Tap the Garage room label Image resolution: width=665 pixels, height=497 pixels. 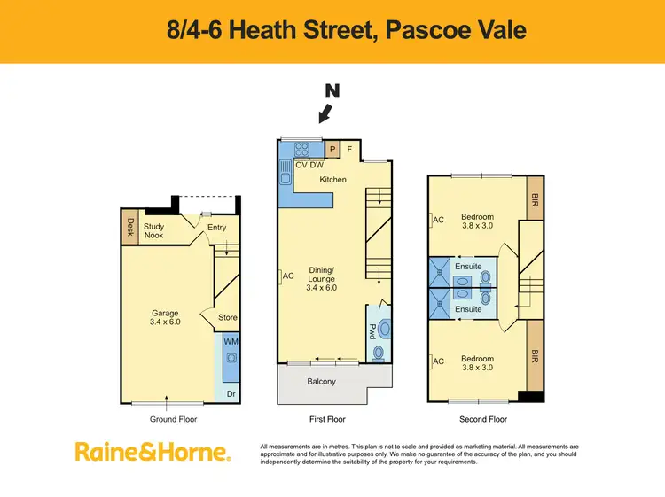165,313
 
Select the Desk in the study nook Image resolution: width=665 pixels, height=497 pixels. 129,227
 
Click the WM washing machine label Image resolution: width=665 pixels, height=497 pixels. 231,341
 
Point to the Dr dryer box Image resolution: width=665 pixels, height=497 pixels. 231,393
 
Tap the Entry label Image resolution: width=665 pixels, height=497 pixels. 216,228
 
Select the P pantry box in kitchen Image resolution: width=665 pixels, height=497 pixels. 332,150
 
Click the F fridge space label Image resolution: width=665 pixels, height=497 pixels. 349,150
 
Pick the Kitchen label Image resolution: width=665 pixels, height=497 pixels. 333,180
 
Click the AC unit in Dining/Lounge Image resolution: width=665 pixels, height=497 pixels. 287,276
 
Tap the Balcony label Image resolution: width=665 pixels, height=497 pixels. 322,382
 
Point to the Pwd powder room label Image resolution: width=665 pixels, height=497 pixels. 372,331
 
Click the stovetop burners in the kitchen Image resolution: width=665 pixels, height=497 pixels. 301,150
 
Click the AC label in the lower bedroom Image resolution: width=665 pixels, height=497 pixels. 436,361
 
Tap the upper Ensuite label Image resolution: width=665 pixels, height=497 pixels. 467,265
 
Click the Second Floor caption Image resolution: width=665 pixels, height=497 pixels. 483,419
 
